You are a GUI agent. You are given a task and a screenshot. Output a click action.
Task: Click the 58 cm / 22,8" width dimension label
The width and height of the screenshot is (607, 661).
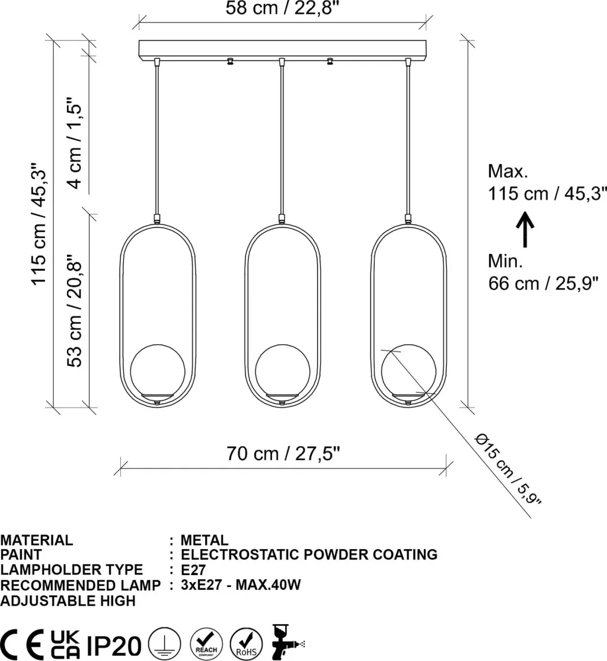pyautogui.click(x=282, y=8)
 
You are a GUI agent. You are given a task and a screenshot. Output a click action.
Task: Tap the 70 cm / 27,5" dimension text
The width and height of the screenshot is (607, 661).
pyautogui.click(x=283, y=454)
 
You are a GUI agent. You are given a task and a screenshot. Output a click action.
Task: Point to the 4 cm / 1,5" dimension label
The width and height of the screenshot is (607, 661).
pyautogui.click(x=75, y=143)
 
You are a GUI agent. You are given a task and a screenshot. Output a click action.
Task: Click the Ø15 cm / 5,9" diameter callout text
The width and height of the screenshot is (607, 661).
pyautogui.click(x=507, y=469)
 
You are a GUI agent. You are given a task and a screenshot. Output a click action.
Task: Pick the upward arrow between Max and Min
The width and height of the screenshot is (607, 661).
pyautogui.click(x=525, y=229)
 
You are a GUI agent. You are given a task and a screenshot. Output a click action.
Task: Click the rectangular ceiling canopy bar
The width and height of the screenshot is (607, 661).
pyautogui.click(x=283, y=50)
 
